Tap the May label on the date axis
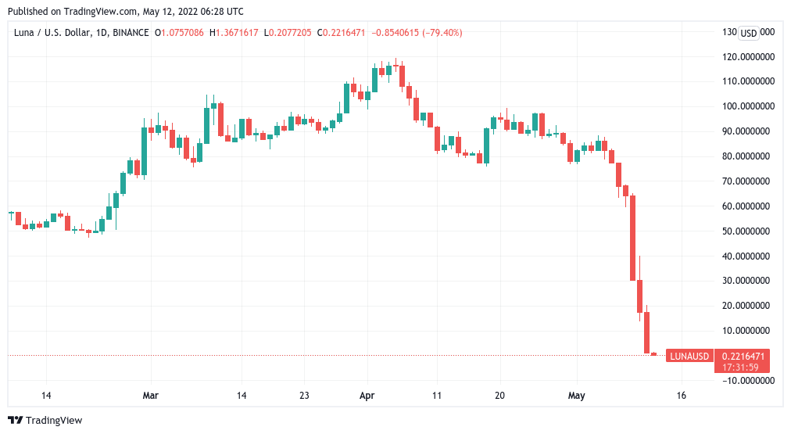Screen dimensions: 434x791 tap(576, 396)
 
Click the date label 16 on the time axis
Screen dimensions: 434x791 tap(682, 396)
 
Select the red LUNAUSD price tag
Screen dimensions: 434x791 tap(689, 357)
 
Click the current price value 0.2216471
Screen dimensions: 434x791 tap(743, 356)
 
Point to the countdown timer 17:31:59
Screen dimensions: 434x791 tap(743, 367)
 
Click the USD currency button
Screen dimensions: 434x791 tap(749, 33)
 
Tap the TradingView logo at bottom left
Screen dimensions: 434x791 tap(45, 421)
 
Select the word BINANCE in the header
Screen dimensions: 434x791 tap(131, 33)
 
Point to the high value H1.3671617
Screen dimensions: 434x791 tap(235, 33)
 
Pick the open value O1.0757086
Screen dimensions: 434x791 tap(180, 33)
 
